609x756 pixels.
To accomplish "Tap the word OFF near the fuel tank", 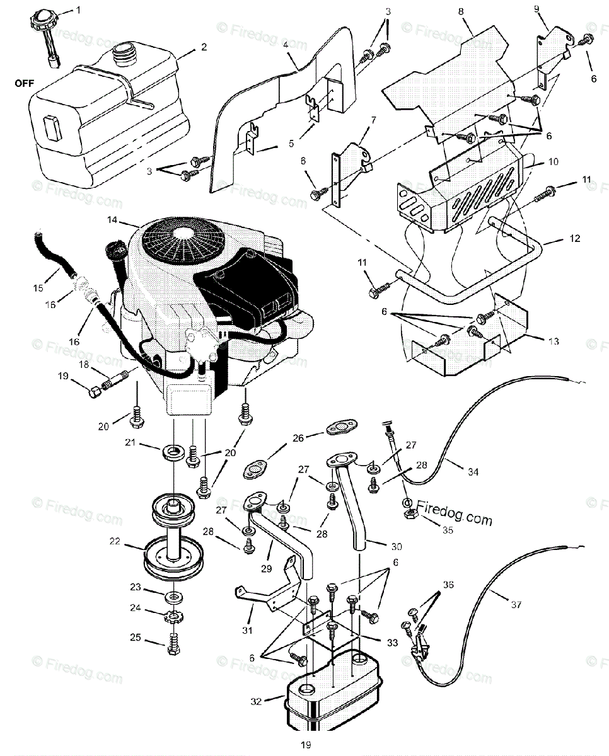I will [22, 83].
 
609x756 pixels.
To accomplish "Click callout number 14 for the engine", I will [112, 220].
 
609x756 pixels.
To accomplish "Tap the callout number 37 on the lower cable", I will [516, 604].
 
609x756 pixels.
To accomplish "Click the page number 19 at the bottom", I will [306, 745].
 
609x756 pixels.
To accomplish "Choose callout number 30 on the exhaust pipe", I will [396, 546].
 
